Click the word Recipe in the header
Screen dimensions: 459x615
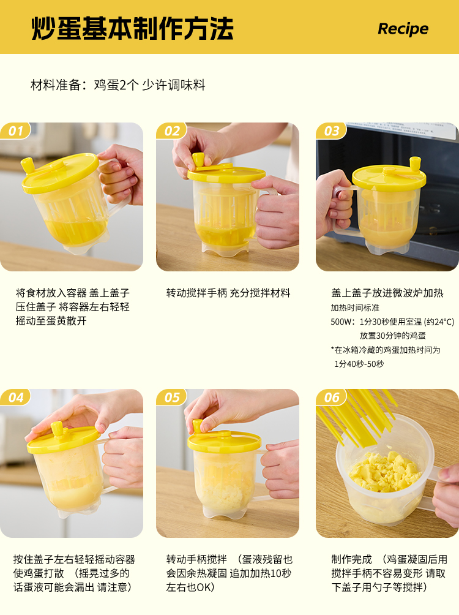tap(403, 29)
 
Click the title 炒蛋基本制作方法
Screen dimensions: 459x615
tap(132, 28)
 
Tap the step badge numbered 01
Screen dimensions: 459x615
tap(16, 131)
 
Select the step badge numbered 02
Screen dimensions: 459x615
tap(172, 131)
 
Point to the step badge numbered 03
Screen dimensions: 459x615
tap(332, 131)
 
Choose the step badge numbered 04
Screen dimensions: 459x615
tap(16, 398)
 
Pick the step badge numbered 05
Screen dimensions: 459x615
tap(172, 398)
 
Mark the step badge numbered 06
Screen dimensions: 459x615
tap(332, 398)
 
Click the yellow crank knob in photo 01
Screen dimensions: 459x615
tap(28, 165)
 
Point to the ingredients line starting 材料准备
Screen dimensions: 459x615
tap(118, 85)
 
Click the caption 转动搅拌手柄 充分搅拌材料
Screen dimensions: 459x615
tap(228, 293)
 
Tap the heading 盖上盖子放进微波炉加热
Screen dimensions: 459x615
tap(387, 293)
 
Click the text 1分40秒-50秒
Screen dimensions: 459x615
tap(359, 364)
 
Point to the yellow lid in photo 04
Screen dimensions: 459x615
tap(63, 439)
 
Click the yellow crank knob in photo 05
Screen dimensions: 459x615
tap(197, 426)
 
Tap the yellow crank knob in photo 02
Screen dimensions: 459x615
tap(198, 160)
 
